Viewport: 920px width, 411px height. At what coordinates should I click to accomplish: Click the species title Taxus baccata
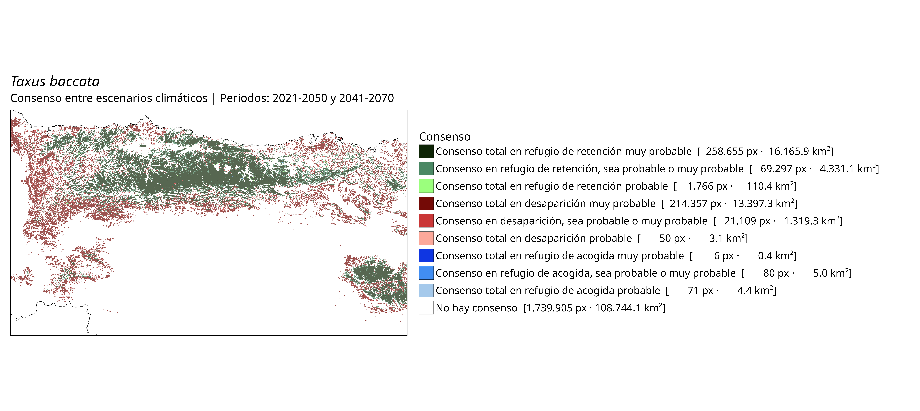[x=55, y=82]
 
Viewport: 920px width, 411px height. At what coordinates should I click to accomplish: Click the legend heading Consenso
[x=445, y=136]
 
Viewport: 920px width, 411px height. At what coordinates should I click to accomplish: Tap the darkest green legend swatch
[x=426, y=151]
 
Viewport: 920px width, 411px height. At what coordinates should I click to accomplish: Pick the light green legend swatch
[x=426, y=186]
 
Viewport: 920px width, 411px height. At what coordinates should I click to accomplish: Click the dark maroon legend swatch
[x=426, y=203]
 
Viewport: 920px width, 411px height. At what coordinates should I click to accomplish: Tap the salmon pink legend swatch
[x=426, y=238]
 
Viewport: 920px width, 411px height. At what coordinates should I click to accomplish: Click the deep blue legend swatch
[x=426, y=256]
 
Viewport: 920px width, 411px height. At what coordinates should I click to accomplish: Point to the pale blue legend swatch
[x=426, y=290]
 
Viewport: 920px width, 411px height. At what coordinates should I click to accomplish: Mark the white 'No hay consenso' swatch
[x=426, y=308]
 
